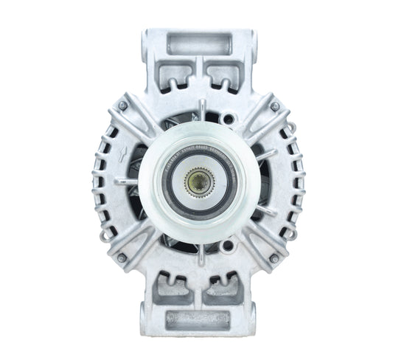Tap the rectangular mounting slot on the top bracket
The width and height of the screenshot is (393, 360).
coord(197,44)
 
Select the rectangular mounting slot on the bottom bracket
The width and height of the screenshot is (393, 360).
coord(197,318)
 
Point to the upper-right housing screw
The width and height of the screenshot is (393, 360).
coord(274,106)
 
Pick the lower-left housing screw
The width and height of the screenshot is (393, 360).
coord(121,257)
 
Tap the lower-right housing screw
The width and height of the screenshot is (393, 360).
coord(274,257)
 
